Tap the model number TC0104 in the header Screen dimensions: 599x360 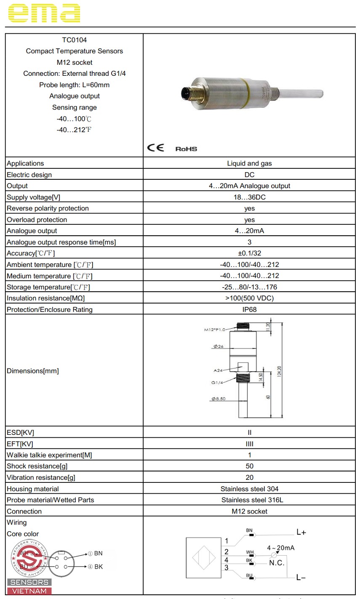(x=75, y=40)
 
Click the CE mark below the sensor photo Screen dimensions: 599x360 (x=155, y=148)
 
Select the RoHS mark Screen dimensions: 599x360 (x=186, y=149)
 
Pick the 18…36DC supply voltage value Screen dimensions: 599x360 (x=249, y=197)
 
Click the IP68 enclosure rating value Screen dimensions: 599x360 (x=249, y=309)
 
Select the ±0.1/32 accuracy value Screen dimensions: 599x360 (x=249, y=253)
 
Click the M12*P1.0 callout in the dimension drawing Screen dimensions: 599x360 (x=215, y=330)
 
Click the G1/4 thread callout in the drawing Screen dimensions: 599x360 (x=217, y=383)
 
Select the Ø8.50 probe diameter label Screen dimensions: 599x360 (x=219, y=399)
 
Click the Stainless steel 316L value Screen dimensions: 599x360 (x=249, y=500)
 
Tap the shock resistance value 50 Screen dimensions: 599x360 (x=249, y=466)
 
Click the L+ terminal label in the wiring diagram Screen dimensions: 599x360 (x=301, y=532)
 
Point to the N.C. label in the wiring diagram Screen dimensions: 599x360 (x=277, y=563)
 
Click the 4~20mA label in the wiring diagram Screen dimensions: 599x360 (x=281, y=548)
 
